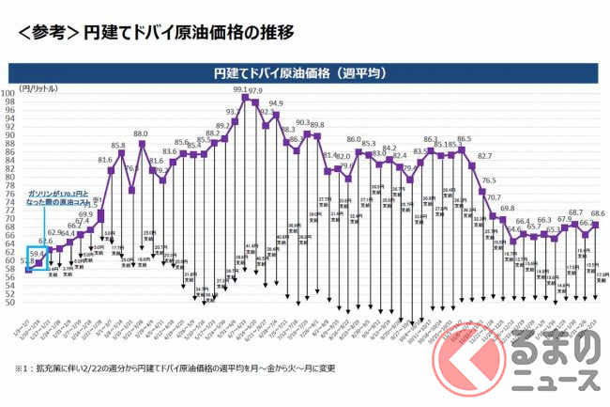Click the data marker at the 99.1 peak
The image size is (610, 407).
coord(245,98)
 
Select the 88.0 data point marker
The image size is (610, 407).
coord(143,143)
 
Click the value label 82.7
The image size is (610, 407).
coord(484,156)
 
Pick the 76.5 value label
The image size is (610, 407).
coord(489,180)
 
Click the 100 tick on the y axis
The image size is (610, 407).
coord(23,93)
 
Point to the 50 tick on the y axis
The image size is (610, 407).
coord(23,303)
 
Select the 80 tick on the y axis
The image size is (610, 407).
coord(23,177)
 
